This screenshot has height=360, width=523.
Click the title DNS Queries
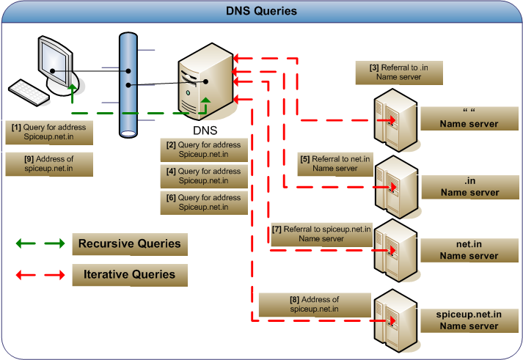coord(262,11)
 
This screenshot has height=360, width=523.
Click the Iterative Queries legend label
coord(129,275)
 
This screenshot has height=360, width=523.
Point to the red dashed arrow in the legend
coord(37,275)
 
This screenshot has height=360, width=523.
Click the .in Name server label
coord(468,188)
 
